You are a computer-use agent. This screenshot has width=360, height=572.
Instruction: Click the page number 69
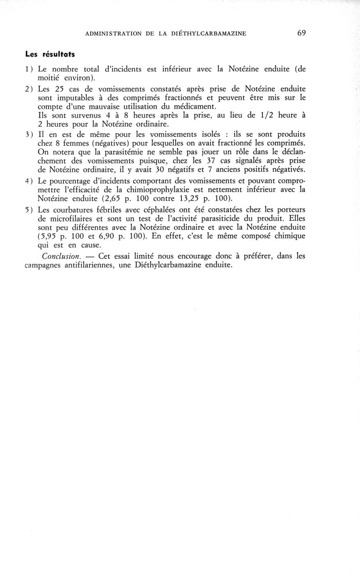point(301,33)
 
